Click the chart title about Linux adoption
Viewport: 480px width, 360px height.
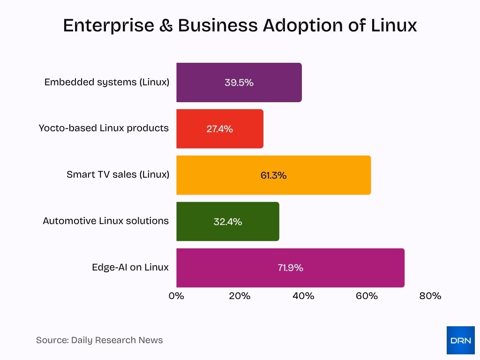pos(240,26)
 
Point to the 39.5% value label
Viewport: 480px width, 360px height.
pos(239,82)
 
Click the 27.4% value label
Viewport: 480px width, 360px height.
pos(219,129)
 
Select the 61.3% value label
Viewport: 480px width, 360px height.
pos(273,175)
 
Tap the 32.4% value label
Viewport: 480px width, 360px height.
pos(228,222)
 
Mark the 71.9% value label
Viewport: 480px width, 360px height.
pos(290,268)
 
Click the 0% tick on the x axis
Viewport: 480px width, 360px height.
pos(176,296)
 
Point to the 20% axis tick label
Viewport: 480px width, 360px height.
pos(240,296)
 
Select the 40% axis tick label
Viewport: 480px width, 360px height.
pos(303,296)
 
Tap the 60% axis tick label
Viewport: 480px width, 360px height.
pos(367,296)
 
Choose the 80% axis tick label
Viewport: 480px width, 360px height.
pos(430,296)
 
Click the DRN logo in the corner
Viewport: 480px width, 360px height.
pos(460,340)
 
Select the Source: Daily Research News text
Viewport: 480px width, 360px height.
pos(99,340)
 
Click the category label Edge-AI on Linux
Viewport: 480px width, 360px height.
pos(130,267)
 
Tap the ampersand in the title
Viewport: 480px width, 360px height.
pos(165,26)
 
